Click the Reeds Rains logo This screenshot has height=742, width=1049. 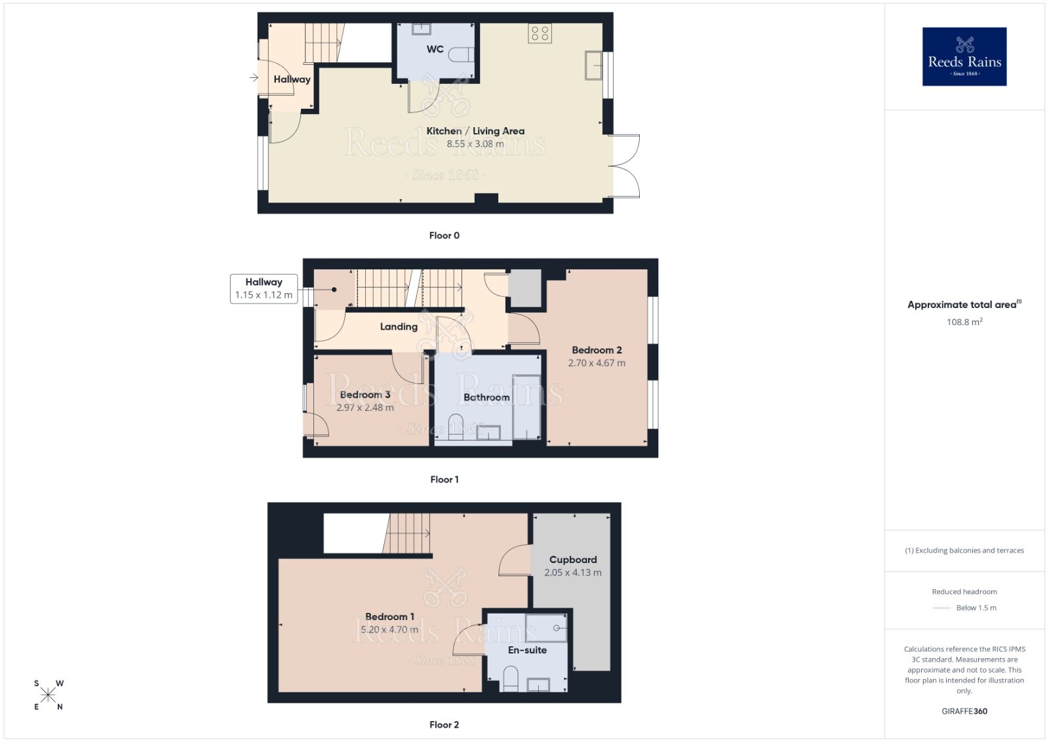[x=964, y=56]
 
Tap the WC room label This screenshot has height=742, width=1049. [x=435, y=49]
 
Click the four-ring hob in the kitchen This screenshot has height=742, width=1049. [x=540, y=33]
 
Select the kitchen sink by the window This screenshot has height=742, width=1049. [x=594, y=66]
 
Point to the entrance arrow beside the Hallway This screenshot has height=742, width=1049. [x=254, y=78]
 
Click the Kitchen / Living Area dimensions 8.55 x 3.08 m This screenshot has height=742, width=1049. [x=475, y=144]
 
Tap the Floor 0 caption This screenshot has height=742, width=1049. [x=444, y=235]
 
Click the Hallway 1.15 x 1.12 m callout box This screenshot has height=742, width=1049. [x=264, y=288]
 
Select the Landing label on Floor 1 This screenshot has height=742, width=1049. [x=399, y=326]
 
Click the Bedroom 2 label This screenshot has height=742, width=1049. [x=597, y=350]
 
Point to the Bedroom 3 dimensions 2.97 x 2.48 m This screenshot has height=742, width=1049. [x=365, y=408]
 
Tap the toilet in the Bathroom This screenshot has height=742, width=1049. [x=456, y=425]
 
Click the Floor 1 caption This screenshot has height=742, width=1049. [x=444, y=479]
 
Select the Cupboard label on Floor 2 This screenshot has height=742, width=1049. [x=573, y=560]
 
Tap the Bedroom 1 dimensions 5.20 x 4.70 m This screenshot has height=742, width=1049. [x=389, y=630]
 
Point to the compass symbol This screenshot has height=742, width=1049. [x=49, y=695]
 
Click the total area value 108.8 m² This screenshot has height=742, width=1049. [x=964, y=322]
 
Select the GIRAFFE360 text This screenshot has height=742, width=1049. [x=964, y=711]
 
